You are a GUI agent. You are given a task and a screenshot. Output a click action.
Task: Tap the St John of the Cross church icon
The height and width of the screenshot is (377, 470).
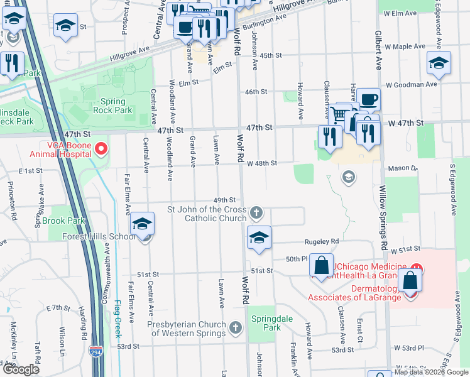coord(256,214)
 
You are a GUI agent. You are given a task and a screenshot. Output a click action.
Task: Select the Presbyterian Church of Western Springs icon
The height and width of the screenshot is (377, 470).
coord(235,327)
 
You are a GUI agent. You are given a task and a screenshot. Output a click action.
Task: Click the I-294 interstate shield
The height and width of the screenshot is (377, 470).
coord(96,352)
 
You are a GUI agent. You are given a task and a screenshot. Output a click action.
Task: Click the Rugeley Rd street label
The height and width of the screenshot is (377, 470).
coord(322,241)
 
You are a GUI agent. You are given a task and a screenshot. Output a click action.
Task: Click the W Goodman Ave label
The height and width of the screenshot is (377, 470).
coord(411,84)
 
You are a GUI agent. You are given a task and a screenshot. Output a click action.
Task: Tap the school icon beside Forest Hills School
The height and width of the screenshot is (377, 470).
coord(143,225)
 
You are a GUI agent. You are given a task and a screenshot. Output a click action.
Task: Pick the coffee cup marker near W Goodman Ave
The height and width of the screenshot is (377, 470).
coord(369,98)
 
